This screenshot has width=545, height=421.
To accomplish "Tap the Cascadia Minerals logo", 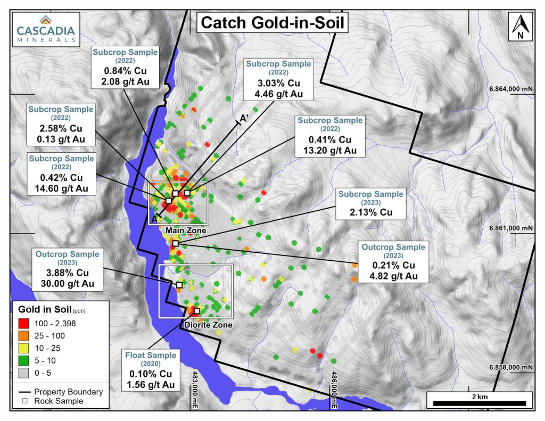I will [x=45, y=28].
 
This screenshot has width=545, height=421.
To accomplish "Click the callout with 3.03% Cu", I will [x=277, y=79].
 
